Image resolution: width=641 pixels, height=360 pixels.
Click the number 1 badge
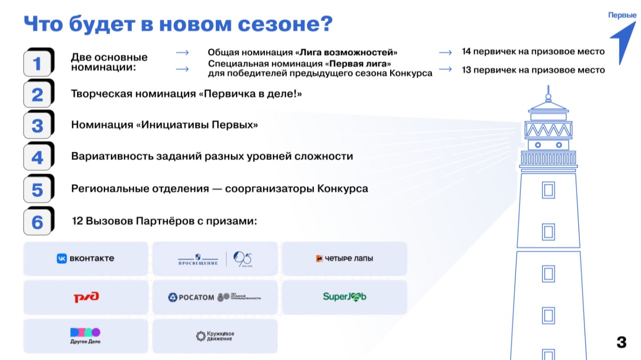(x=38, y=64)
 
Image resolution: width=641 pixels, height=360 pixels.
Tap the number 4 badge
(x=38, y=158)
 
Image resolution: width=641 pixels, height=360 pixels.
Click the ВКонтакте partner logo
(x=86, y=258)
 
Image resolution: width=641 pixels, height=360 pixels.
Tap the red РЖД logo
(x=86, y=297)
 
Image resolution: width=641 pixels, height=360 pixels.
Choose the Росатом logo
(x=215, y=297)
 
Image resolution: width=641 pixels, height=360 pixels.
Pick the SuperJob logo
(x=345, y=296)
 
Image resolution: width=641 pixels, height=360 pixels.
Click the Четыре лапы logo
(x=345, y=258)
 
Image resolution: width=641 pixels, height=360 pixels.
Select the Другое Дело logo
(x=86, y=335)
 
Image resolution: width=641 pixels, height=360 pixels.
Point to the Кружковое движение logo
(x=215, y=336)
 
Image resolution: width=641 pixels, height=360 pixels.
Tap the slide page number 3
(x=621, y=342)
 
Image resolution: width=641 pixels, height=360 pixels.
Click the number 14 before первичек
(x=466, y=52)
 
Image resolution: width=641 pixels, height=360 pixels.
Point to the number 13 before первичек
(x=466, y=70)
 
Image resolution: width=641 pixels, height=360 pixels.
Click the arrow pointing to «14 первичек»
(x=445, y=52)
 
